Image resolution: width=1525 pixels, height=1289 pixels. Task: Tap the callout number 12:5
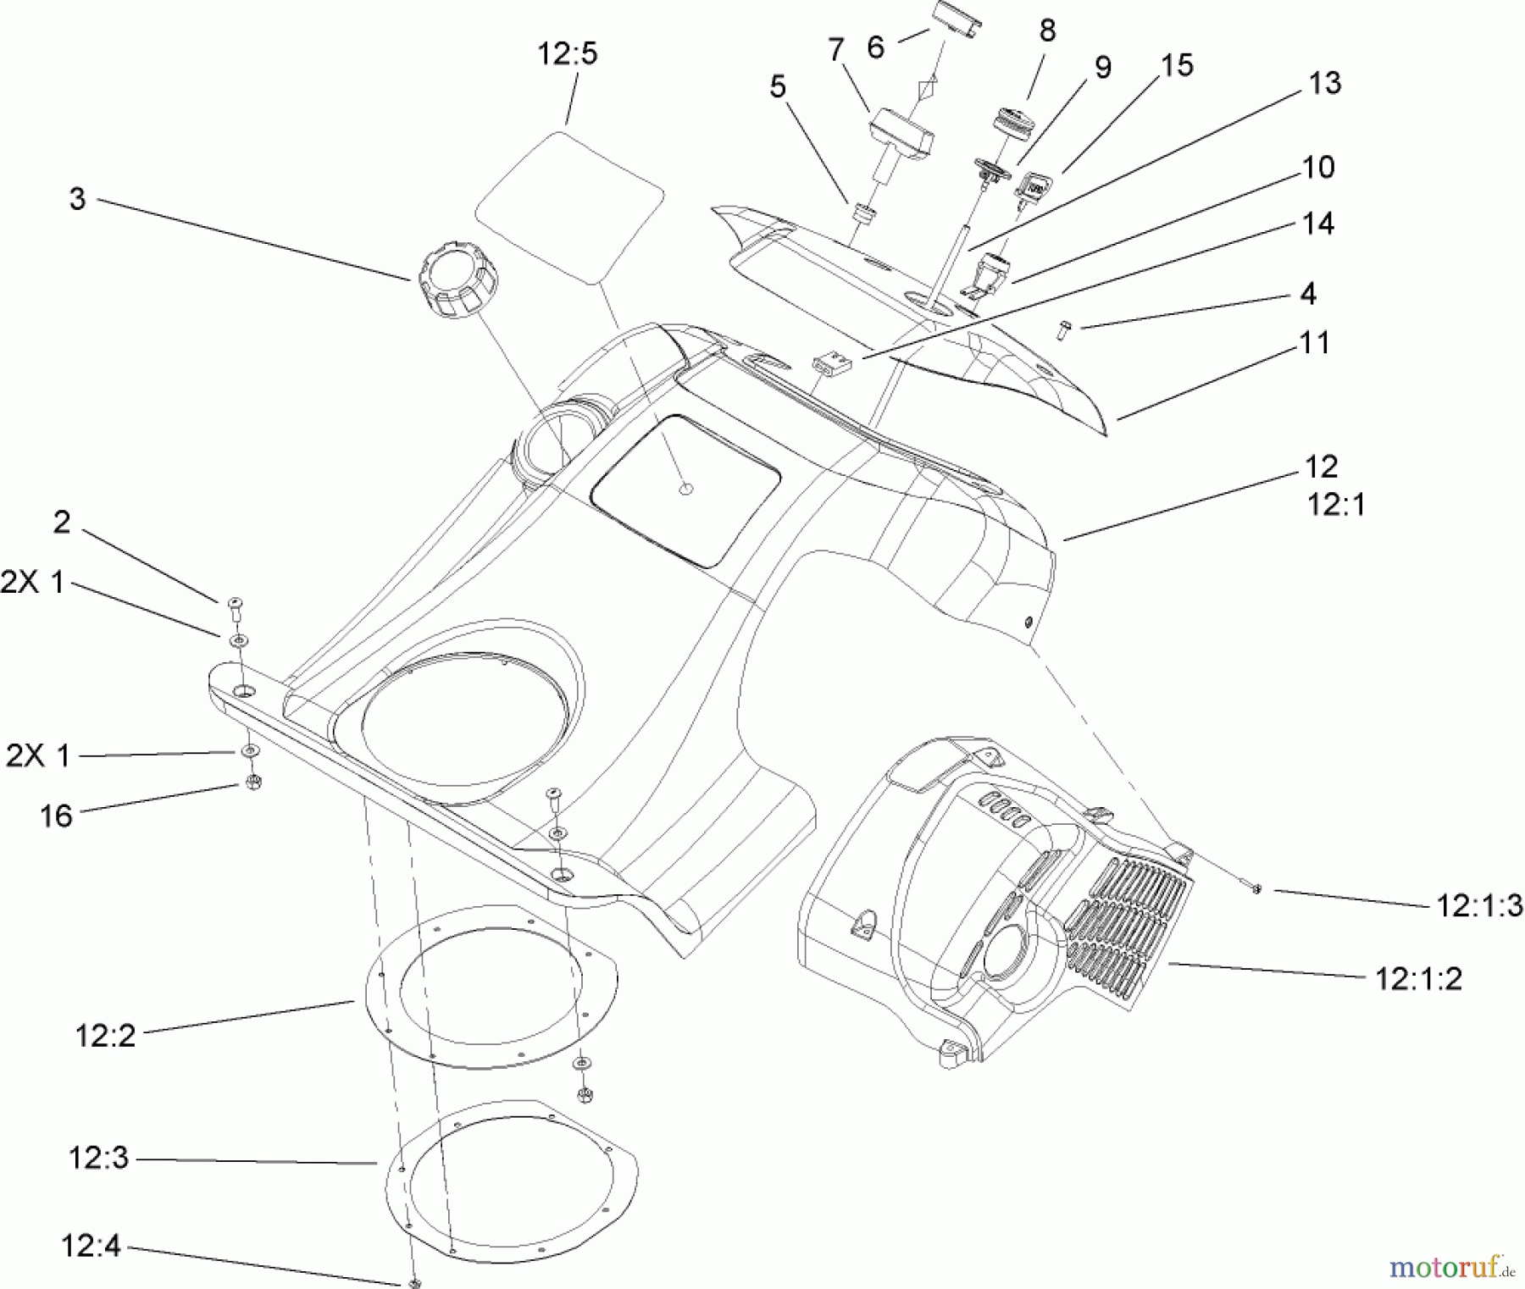[567, 54]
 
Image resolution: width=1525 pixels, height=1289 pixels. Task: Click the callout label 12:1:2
[1418, 979]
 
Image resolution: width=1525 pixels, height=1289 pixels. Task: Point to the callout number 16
[56, 816]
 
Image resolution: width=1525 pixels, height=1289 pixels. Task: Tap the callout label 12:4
[91, 1247]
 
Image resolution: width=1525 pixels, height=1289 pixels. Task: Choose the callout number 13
[1324, 83]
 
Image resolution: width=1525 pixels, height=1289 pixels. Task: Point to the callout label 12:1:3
[1479, 905]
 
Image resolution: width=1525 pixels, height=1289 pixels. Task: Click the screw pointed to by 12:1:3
[1256, 888]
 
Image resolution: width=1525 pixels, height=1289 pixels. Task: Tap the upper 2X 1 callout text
[32, 583]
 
